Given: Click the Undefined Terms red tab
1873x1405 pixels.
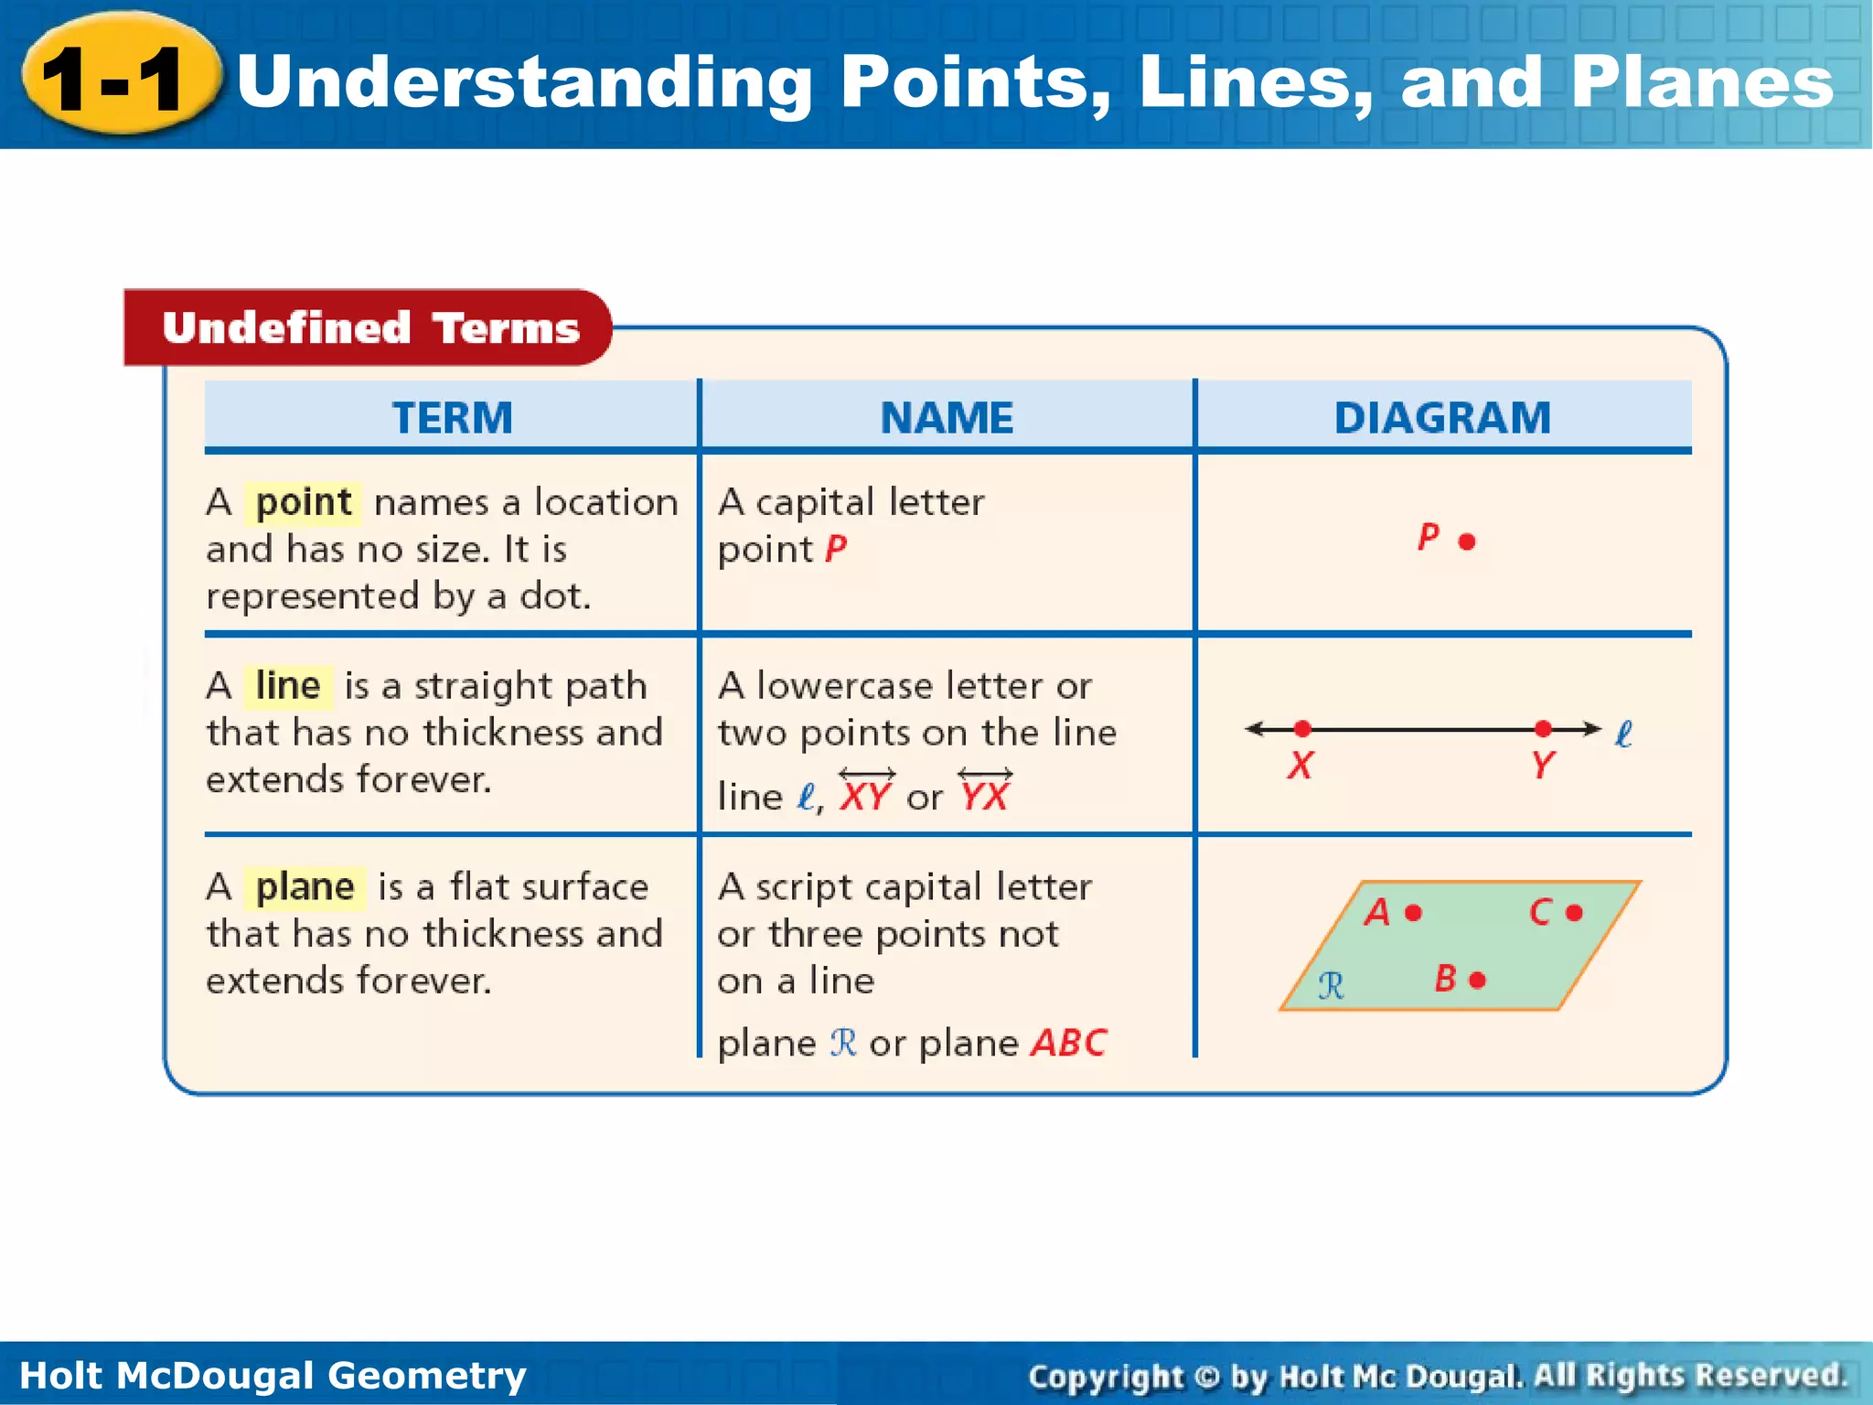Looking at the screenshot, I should coord(369,327).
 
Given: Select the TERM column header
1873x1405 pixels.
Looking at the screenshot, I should coord(452,417).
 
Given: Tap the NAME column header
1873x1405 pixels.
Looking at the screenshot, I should coord(947,417).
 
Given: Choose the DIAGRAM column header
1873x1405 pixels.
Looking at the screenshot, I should coord(1442,417).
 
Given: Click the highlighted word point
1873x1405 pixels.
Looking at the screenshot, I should coord(303,502).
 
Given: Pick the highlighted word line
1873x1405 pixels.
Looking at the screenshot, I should coord(287,685).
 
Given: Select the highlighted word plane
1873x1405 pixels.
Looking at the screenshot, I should coord(305,886).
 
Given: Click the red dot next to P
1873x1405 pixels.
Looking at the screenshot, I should coord(1467,542).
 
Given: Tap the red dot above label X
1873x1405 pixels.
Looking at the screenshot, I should coord(1302,728).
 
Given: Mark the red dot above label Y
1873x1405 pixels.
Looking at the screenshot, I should coord(1544,728).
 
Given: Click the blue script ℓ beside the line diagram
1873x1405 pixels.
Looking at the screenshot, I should coord(1623,734).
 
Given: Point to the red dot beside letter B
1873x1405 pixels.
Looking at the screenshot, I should coord(1477,981).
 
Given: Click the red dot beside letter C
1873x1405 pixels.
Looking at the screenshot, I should coord(1574,912).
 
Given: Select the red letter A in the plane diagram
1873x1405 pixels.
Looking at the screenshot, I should coord(1376,912).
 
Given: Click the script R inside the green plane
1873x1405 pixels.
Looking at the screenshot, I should coord(1331,985).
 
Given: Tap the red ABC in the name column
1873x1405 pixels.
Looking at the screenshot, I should coord(1068,1043).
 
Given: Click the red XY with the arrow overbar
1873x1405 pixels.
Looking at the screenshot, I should coord(865,794).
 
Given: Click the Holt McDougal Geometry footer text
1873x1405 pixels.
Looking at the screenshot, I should coord(273,1375).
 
